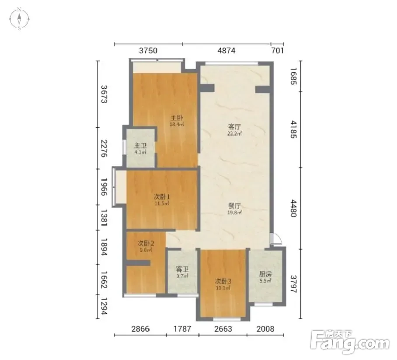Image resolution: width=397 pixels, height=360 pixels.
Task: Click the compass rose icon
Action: [x=19, y=19]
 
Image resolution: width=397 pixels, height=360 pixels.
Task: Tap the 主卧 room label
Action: [x=177, y=118]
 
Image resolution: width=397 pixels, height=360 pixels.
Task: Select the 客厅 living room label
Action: [x=234, y=127]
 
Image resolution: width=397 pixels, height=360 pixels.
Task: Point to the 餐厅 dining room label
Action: [x=234, y=206]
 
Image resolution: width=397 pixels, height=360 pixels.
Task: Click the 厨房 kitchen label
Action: [x=265, y=274]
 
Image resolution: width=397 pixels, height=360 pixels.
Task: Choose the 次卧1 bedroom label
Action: [x=162, y=196]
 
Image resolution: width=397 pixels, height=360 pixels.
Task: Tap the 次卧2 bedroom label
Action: [x=146, y=244]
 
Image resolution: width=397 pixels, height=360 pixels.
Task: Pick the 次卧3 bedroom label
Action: [x=223, y=281]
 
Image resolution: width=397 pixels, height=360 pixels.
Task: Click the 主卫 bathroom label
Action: [x=140, y=146]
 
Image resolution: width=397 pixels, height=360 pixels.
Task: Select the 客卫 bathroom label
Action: [x=182, y=269]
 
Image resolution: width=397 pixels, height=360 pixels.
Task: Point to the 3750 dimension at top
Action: [x=148, y=51]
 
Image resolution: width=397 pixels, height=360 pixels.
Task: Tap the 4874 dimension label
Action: [x=226, y=51]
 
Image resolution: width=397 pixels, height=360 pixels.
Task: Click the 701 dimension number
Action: [x=278, y=51]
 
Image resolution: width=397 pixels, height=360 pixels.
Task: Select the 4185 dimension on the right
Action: [x=293, y=129]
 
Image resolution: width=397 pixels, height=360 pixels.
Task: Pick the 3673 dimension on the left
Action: [x=104, y=94]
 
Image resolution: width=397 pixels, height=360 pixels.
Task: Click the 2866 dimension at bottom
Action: [x=140, y=329]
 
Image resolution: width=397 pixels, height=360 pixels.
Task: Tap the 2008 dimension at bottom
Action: [x=265, y=329]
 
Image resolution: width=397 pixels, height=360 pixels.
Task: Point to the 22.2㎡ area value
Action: [x=234, y=133]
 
